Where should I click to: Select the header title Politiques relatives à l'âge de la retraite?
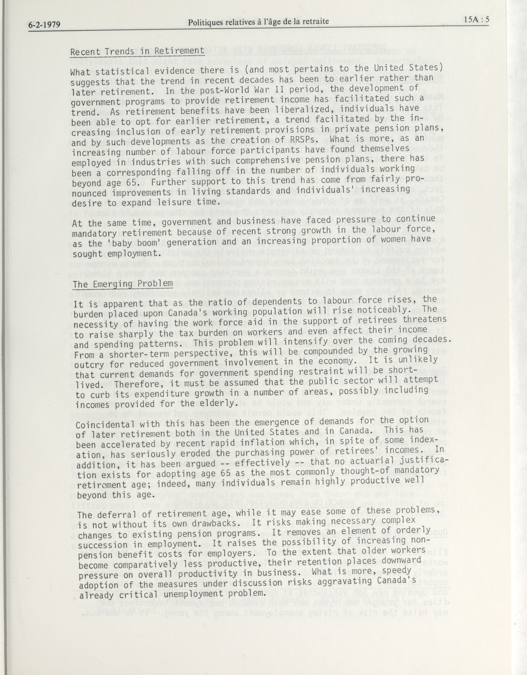coord(258,22)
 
